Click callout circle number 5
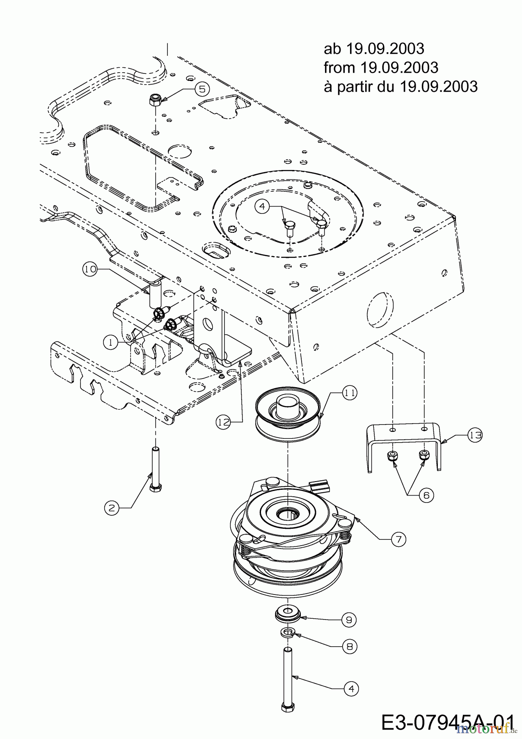(202, 88)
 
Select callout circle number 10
(90, 269)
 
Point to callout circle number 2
(111, 508)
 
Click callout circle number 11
(349, 393)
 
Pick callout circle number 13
(475, 436)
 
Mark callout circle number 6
(426, 496)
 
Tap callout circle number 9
(349, 620)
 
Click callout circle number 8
(350, 647)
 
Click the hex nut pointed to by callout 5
(155, 99)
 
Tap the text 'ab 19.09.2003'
(374, 48)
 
